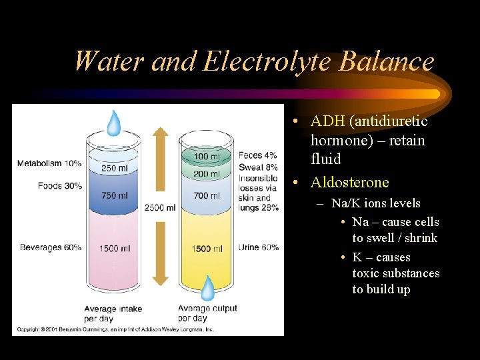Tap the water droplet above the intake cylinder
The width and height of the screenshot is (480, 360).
tap(115, 122)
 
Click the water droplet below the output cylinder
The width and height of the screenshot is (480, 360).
tap(208, 288)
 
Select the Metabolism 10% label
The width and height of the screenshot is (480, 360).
tap(49, 163)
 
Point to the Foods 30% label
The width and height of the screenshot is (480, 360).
tap(60, 185)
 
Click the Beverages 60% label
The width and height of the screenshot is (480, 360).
tap(51, 247)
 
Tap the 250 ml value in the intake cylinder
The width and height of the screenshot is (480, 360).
tap(114, 168)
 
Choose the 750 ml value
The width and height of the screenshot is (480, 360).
tap(114, 195)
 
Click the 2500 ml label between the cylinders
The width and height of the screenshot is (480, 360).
tap(160, 208)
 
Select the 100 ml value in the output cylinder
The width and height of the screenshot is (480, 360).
tap(207, 157)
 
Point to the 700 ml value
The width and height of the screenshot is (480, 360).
tap(207, 195)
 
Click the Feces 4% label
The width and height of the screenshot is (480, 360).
tap(259, 155)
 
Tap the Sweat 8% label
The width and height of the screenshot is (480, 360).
tap(259, 167)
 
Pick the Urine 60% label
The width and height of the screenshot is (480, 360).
tap(259, 247)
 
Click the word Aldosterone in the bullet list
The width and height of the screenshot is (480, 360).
tap(349, 183)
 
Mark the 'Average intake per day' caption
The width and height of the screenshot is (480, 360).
tap(113, 313)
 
